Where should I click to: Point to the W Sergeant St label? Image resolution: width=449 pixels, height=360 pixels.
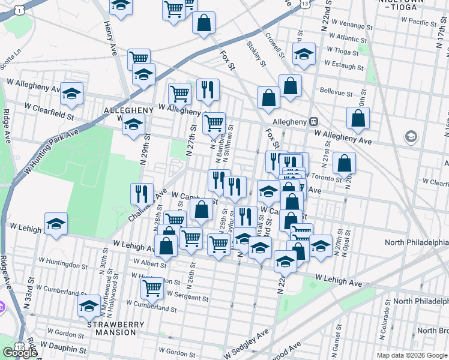[188, 296]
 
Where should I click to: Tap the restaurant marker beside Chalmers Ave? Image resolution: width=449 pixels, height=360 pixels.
[142, 193]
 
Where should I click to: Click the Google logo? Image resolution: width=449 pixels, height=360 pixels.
[20, 353]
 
